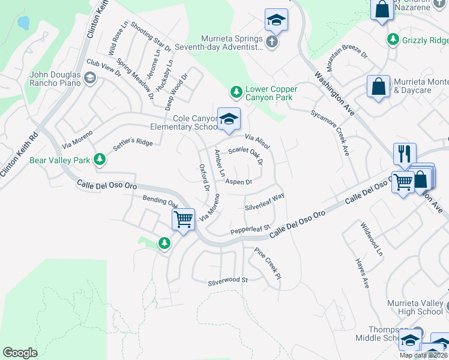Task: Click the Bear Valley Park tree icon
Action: (100, 160)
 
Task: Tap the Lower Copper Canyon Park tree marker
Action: (237, 92)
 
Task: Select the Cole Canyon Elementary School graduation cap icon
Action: (229, 119)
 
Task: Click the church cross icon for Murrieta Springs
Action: (272, 41)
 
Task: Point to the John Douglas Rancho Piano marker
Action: (89, 77)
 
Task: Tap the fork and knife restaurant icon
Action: (405, 154)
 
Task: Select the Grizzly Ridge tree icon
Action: (393, 40)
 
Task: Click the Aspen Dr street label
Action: (238, 181)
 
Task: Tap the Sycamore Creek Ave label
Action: (330, 133)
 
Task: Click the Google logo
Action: (20, 352)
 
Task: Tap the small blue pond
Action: (23, 23)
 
